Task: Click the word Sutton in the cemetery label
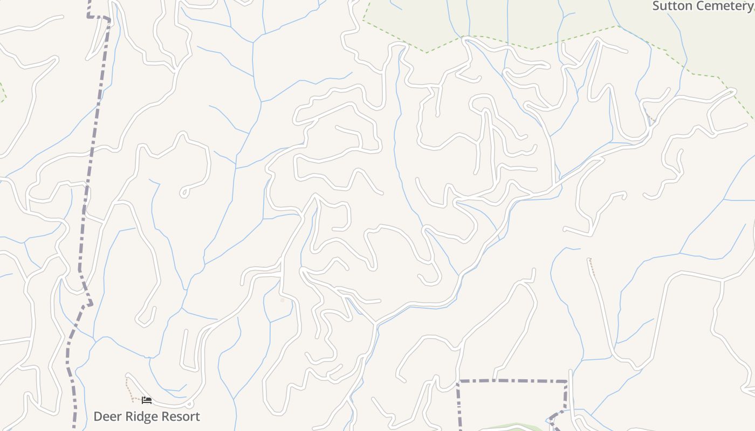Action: coord(672,6)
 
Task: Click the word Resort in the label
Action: coord(180,416)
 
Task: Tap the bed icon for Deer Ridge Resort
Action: coord(146,400)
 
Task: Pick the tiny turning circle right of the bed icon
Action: coord(189,404)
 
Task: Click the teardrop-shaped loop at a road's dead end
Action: coord(184,192)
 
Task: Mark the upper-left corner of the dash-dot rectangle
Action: coord(458,382)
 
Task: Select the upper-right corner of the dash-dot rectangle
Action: coord(566,382)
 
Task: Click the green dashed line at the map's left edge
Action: coord(3,92)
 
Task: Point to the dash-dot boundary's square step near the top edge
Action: coord(99,17)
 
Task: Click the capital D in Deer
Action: coord(98,416)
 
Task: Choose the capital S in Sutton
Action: coord(656,6)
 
